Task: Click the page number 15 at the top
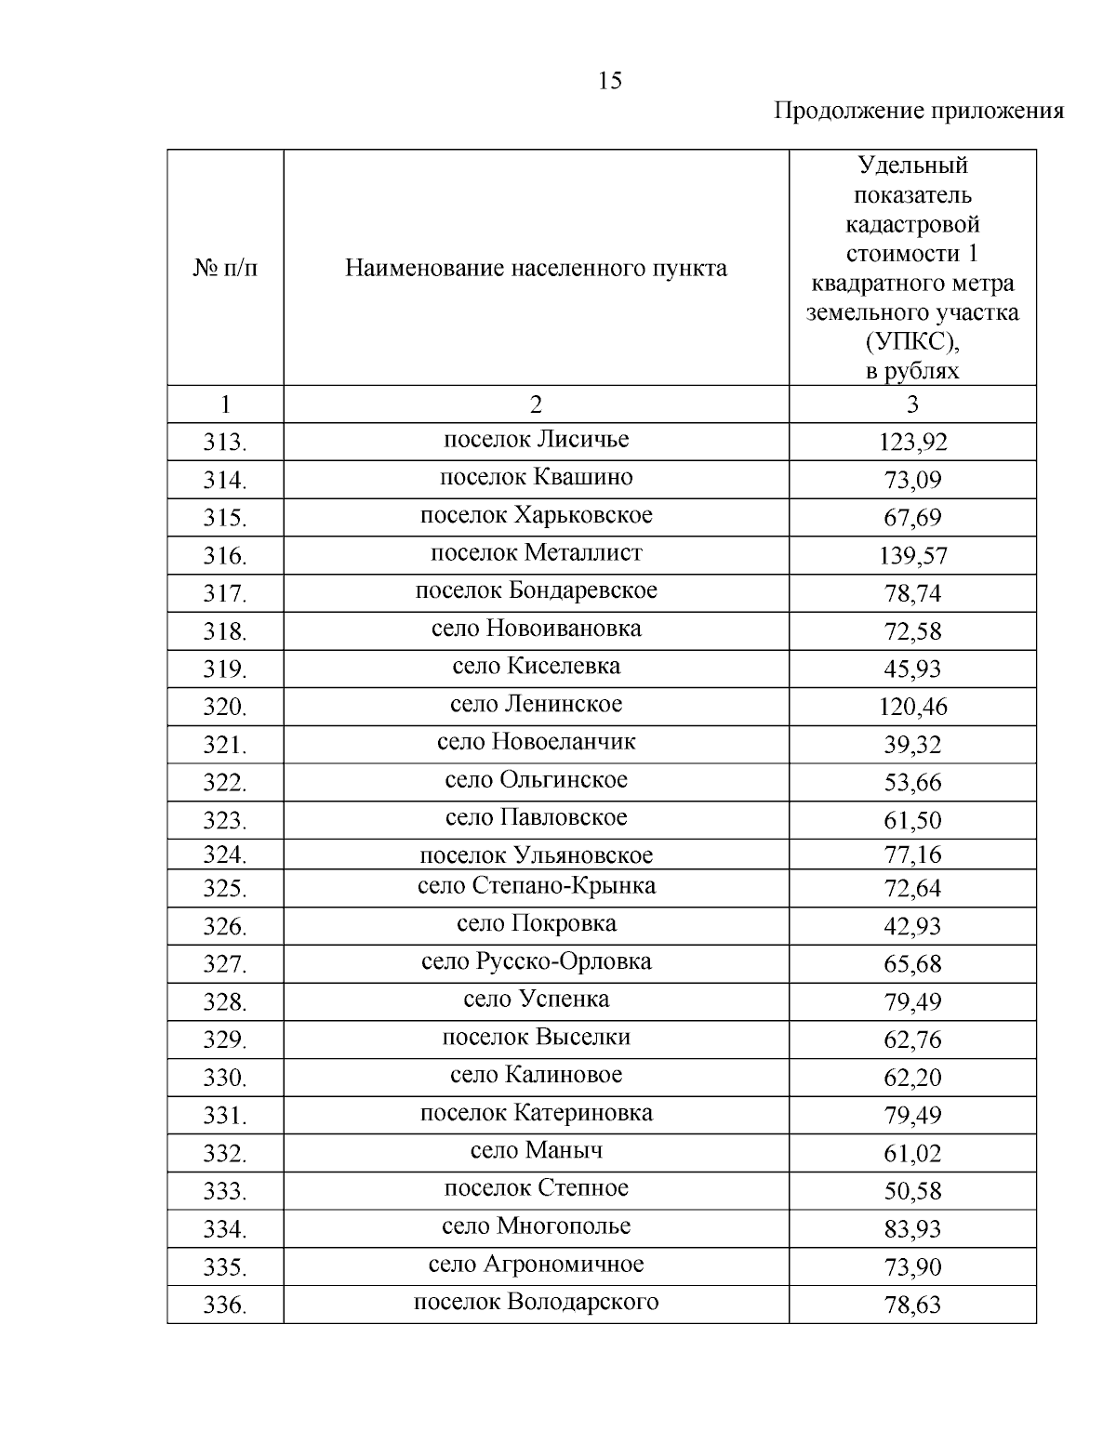pyautogui.click(x=610, y=81)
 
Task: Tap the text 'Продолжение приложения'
pyautogui.click(x=919, y=112)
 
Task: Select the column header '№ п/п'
pyautogui.click(x=225, y=269)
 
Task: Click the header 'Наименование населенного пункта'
pyautogui.click(x=536, y=269)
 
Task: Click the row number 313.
pyautogui.click(x=225, y=443)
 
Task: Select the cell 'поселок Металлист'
pyautogui.click(x=536, y=553)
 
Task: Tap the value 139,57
pyautogui.click(x=912, y=556)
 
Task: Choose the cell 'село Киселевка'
pyautogui.click(x=536, y=667)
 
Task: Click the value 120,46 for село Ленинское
pyautogui.click(x=912, y=708)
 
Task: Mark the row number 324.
pyautogui.click(x=225, y=854)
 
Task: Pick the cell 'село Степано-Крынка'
pyautogui.click(x=536, y=886)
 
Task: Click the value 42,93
pyautogui.click(x=912, y=927)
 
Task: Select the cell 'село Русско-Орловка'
pyautogui.click(x=536, y=961)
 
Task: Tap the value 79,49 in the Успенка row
pyautogui.click(x=912, y=1002)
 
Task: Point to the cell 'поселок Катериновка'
pyautogui.click(x=536, y=1113)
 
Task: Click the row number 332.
pyautogui.click(x=225, y=1154)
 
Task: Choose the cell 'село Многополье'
pyautogui.click(x=536, y=1226)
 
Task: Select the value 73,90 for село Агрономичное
pyautogui.click(x=912, y=1267)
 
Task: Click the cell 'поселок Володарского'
pyautogui.click(x=536, y=1302)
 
